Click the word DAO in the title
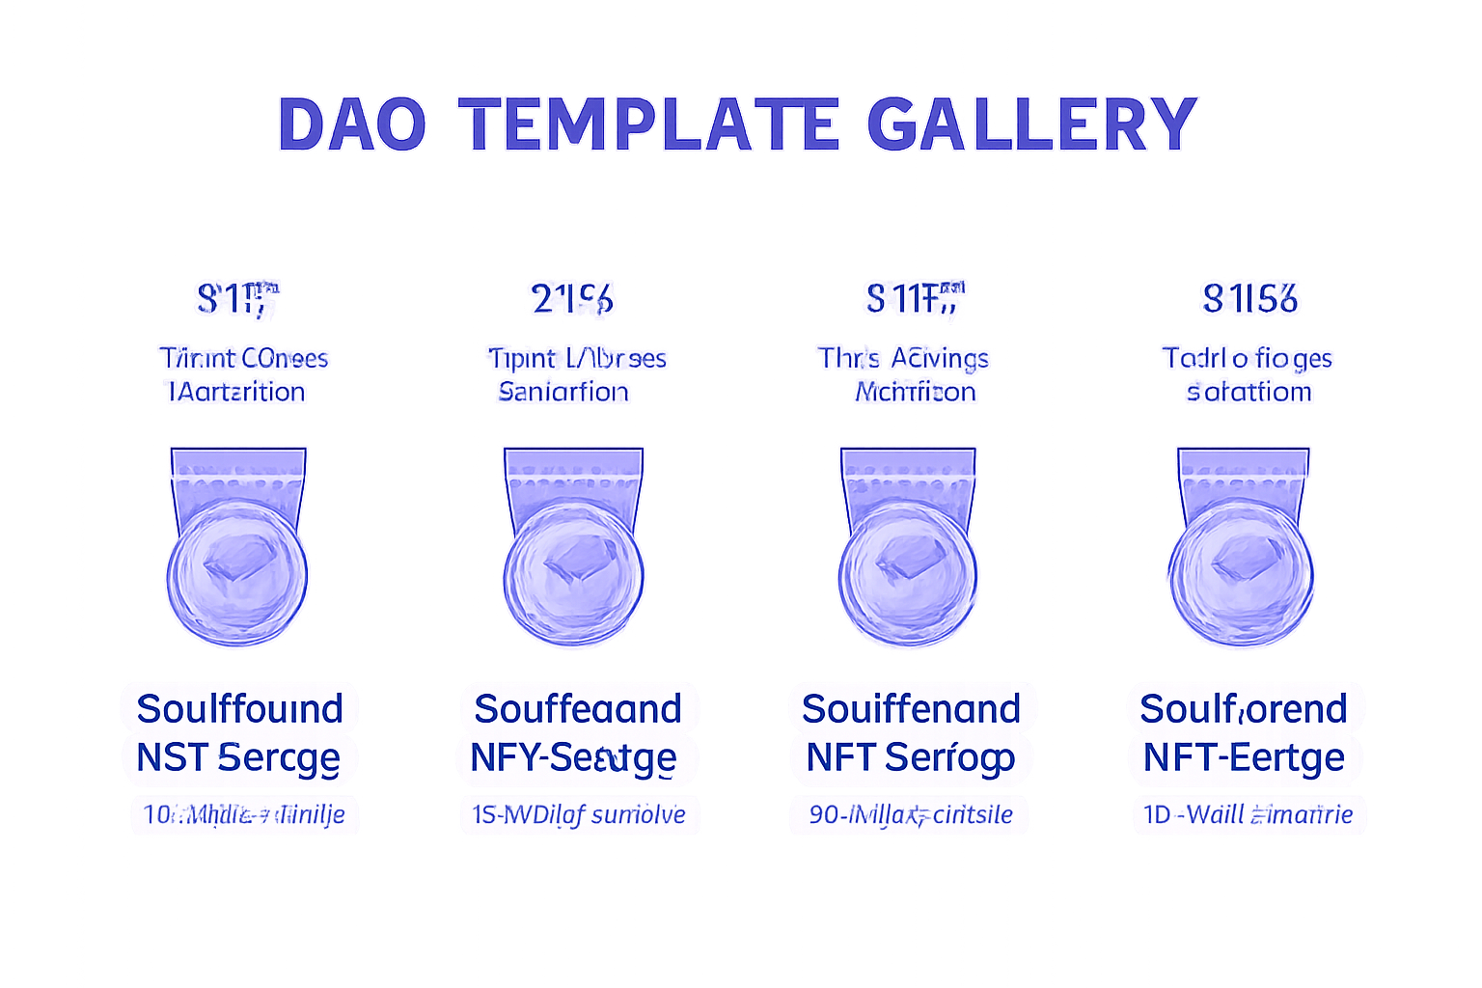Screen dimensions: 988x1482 coord(352,124)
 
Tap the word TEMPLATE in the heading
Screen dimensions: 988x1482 coord(649,124)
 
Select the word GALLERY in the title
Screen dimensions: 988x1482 coord(1031,124)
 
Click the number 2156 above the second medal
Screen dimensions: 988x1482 coord(572,299)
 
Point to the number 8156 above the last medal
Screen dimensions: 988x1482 coord(1249,299)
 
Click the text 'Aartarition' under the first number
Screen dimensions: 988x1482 coord(237,392)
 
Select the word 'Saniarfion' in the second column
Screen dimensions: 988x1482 coord(563,392)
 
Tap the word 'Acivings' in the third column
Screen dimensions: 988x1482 coord(940,359)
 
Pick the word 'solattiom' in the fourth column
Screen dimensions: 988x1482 coord(1249,392)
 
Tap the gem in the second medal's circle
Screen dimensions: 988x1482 coord(576,560)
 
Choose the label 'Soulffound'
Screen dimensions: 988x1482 coord(239,708)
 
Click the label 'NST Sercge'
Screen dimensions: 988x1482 coord(238,758)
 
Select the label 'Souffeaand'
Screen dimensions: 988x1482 coord(578,708)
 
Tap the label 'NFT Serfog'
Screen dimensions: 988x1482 coord(910,758)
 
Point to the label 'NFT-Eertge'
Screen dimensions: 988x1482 coord(1244,758)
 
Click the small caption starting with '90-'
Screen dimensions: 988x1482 coord(910,815)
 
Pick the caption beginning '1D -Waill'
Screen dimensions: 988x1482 coord(1248,815)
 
